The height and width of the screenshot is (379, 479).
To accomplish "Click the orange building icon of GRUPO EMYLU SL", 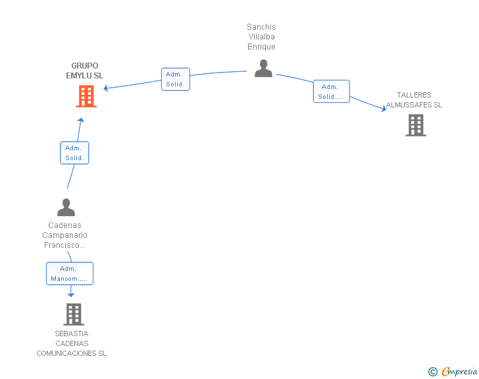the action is click(x=86, y=96).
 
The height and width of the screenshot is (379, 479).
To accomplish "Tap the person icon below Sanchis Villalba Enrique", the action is click(x=263, y=69).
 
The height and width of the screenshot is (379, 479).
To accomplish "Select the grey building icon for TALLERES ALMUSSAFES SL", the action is click(x=416, y=125).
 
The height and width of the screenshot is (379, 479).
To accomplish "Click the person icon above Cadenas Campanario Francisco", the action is click(x=66, y=207).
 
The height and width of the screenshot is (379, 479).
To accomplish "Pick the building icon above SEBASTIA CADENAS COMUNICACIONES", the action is click(x=74, y=314).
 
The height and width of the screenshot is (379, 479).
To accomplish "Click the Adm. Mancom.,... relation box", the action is click(x=70, y=274).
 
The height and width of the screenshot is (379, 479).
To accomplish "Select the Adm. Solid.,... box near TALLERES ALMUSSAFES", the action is click(x=332, y=91).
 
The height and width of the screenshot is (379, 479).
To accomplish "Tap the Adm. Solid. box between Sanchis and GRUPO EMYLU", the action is click(x=176, y=79).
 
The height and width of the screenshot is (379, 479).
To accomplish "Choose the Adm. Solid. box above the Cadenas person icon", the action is click(x=74, y=153).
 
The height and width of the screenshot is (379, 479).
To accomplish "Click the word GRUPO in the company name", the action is click(x=85, y=66).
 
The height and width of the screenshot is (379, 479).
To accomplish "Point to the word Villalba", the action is click(x=261, y=37).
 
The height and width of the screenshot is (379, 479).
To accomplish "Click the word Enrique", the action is click(x=261, y=47).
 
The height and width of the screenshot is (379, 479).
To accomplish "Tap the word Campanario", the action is click(x=64, y=235).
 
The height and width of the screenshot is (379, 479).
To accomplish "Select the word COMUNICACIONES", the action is click(x=66, y=353).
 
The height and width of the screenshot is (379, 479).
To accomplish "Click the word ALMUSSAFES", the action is click(x=409, y=105).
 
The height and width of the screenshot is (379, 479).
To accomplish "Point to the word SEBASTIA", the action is click(x=72, y=334).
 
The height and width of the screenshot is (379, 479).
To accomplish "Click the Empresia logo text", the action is click(x=459, y=371).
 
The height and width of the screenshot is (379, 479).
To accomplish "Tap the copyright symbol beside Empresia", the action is click(x=432, y=372).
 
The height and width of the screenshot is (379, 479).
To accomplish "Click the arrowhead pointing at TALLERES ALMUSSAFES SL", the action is click(x=384, y=108).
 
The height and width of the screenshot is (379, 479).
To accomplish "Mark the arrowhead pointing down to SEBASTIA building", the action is click(x=71, y=295).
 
